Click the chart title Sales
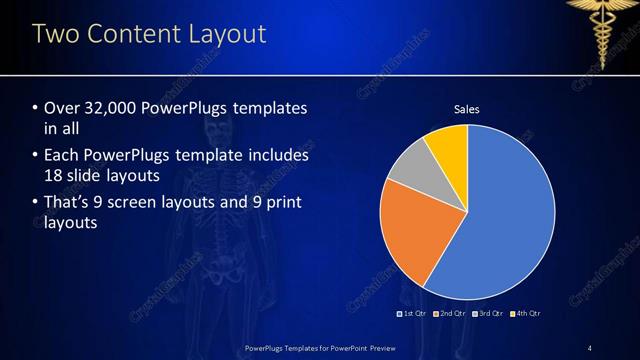[x=467, y=108]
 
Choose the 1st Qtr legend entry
[x=414, y=314]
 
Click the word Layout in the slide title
[x=226, y=35]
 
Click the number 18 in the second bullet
[x=54, y=176]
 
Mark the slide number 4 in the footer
[x=590, y=348]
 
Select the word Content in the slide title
[x=131, y=35]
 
